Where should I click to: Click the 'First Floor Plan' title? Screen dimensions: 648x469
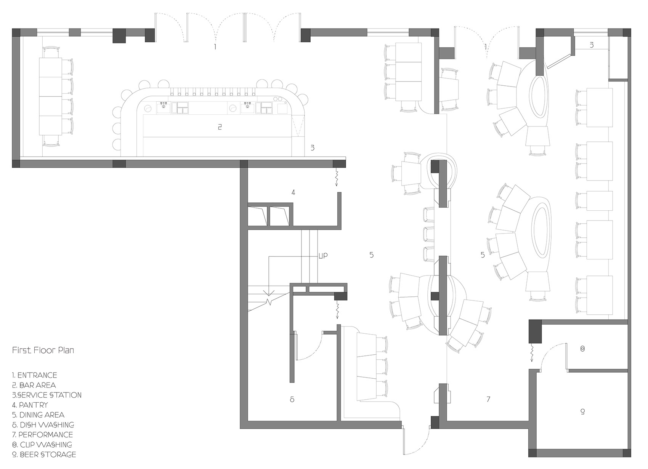point(43,350)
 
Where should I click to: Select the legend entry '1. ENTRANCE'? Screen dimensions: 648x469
point(34,375)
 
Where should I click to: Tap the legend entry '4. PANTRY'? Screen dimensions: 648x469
point(30,405)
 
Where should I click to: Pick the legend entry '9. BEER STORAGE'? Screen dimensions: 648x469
point(44,455)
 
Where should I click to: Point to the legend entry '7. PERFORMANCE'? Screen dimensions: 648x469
point(43,435)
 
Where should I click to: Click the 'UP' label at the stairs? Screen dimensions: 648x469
point(323,256)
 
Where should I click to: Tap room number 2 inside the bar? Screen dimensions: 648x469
point(220,126)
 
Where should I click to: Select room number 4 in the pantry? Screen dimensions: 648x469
point(294,192)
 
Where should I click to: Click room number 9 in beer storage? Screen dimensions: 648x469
point(582,411)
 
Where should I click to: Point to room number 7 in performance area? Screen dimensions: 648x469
point(489,399)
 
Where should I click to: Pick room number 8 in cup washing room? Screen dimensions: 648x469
point(582,349)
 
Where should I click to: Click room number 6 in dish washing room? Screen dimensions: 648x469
point(292,399)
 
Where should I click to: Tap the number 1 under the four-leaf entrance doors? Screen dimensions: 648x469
point(215,46)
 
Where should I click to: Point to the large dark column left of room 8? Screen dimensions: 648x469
point(535,331)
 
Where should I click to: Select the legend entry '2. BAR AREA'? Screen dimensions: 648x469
point(34,385)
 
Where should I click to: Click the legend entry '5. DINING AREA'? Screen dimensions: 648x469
point(38,415)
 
